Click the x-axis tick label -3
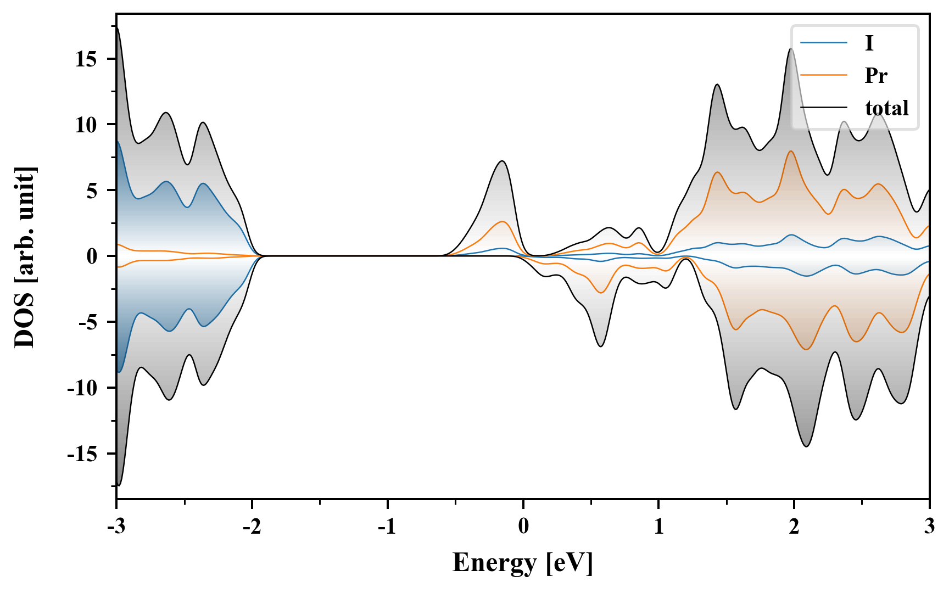pyautogui.click(x=116, y=527)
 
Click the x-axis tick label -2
pyautogui.click(x=252, y=527)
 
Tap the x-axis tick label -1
pyautogui.click(x=387, y=527)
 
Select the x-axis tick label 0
pyautogui.click(x=523, y=527)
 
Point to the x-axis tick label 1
pyautogui.click(x=658, y=527)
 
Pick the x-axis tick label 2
pyautogui.click(x=794, y=527)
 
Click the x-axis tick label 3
pyautogui.click(x=929, y=527)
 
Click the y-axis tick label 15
pyautogui.click(x=86, y=59)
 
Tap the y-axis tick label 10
pyautogui.click(x=86, y=125)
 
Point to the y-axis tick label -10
pyautogui.click(x=82, y=388)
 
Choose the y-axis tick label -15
pyautogui.click(x=82, y=454)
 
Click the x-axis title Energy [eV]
pyautogui.click(x=523, y=563)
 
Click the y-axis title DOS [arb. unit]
pyautogui.click(x=25, y=257)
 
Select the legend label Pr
pyautogui.click(x=875, y=75)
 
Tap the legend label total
pyautogui.click(x=886, y=108)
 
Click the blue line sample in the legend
pyautogui.click(x=823, y=43)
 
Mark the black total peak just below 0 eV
pyautogui.click(x=502, y=161)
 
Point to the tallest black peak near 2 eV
pyautogui.click(x=791, y=49)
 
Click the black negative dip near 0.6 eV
pyautogui.click(x=601, y=346)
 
